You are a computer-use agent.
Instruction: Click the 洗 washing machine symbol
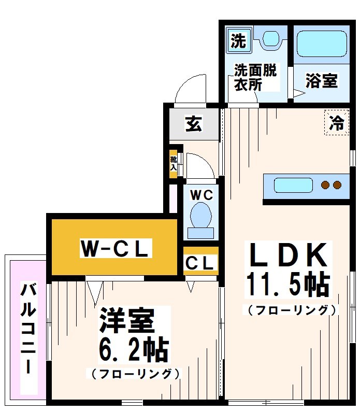pyautogui.click(x=238, y=40)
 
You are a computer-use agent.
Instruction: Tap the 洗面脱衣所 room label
pyautogui.click(x=255, y=77)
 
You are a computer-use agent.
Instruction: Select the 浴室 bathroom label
pyautogui.click(x=321, y=81)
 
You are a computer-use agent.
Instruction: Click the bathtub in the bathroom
pyautogui.click(x=321, y=45)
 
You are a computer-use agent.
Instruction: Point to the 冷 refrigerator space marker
pyautogui.click(x=337, y=123)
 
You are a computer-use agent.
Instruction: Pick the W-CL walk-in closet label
pyautogui.click(x=115, y=249)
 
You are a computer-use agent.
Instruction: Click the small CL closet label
pyautogui.click(x=200, y=264)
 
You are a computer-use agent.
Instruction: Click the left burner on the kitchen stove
pyautogui.click(x=326, y=185)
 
